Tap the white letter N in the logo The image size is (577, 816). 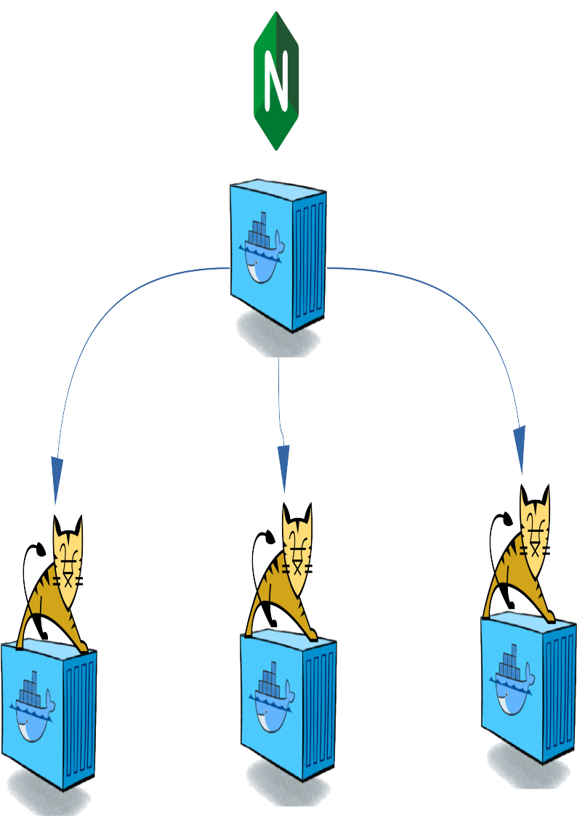(276, 80)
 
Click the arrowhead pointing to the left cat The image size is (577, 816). (57, 480)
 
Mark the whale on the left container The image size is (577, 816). (32, 711)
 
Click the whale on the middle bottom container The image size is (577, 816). (271, 700)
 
